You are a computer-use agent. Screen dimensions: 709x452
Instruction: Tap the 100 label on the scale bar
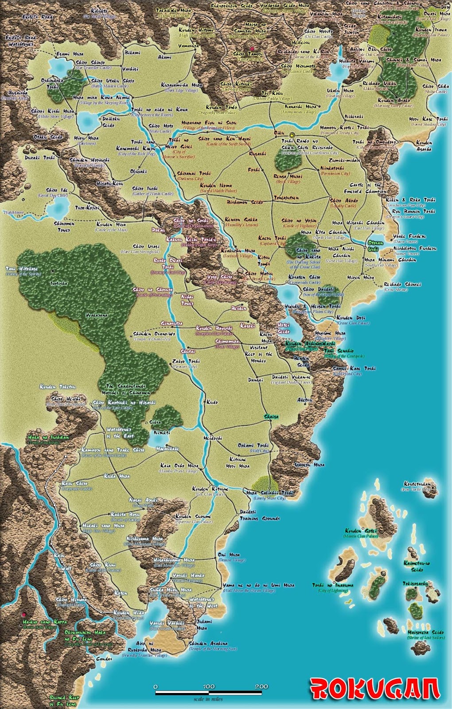(209, 686)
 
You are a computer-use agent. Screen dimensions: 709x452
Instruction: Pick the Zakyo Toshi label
(185, 361)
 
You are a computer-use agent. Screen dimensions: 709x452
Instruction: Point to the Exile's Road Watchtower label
(20, 41)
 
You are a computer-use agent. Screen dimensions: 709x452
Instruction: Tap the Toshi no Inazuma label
(333, 585)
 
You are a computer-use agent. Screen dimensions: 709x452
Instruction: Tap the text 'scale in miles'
(208, 699)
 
